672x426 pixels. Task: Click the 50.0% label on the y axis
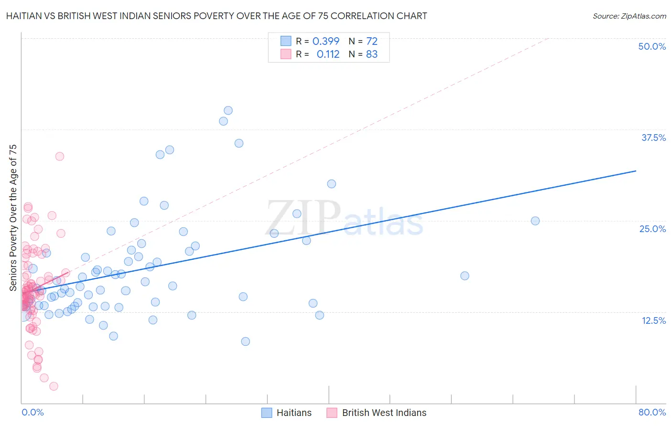(x=652, y=46)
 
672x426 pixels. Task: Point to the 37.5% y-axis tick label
(x=653, y=138)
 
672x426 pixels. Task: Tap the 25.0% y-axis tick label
(x=652, y=229)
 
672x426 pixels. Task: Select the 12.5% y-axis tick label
(x=653, y=320)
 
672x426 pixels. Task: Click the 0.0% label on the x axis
(x=33, y=412)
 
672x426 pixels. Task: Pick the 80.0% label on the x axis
(x=652, y=412)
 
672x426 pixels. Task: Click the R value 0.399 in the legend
(x=326, y=41)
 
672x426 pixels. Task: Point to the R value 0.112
(x=328, y=54)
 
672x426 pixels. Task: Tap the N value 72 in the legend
(x=372, y=41)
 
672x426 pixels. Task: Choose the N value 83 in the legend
(x=372, y=54)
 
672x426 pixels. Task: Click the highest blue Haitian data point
(x=228, y=110)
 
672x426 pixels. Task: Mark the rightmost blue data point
(x=535, y=221)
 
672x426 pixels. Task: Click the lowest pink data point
(x=54, y=386)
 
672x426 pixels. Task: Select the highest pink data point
(x=60, y=156)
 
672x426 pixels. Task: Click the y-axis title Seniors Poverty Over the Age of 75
(x=13, y=218)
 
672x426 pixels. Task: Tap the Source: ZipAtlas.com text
(x=629, y=16)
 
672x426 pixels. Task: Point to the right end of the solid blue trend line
(x=636, y=170)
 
